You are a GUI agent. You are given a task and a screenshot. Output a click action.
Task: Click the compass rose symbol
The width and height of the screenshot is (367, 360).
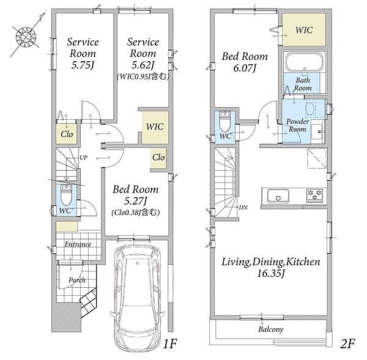26,36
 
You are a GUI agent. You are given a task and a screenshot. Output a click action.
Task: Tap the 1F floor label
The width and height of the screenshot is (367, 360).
169,343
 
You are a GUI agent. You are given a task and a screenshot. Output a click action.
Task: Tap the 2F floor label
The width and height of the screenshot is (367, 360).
347,343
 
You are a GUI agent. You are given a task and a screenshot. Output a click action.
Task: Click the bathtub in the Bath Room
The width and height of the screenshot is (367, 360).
304,62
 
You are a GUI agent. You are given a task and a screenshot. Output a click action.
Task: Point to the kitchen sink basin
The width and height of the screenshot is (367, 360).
278,196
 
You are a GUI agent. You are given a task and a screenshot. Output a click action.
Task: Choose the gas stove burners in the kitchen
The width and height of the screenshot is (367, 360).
314,196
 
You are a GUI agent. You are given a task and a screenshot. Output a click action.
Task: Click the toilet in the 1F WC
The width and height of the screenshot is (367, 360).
66,194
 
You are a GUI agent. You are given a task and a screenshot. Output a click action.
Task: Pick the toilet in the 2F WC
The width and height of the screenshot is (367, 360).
225,122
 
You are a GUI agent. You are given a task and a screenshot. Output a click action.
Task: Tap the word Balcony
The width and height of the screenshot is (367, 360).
271,329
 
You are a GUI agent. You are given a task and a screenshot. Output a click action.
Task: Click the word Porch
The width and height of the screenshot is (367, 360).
77,280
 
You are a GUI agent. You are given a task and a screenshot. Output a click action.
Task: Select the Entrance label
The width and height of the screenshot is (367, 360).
78,244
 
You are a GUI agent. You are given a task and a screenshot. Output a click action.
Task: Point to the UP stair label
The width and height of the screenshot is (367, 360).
83,158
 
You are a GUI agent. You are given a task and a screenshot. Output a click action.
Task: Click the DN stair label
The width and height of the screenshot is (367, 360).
243,207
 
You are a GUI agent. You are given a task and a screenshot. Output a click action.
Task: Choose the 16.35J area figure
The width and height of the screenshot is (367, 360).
271,273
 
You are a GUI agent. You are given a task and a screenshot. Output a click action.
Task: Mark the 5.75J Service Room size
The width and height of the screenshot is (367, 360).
83,65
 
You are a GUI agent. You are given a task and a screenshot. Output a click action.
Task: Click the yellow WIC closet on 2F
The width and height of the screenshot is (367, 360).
304,29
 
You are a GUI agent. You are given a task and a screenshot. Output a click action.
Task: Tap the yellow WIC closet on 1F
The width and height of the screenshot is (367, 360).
155,127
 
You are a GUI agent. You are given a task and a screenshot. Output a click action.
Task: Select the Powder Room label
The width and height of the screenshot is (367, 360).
297,125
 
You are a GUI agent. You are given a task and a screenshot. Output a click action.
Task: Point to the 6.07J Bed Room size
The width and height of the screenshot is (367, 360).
244,68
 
